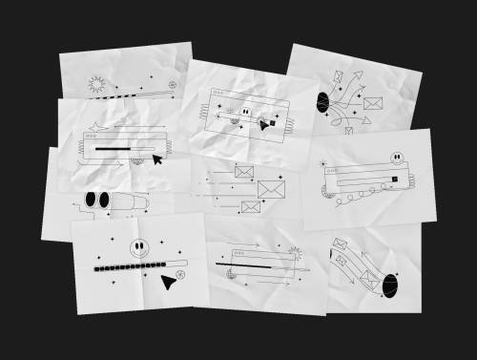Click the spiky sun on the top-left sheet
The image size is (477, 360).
(x=94, y=85)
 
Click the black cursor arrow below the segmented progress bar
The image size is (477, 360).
(x=169, y=281)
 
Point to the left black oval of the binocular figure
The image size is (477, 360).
(x=92, y=200)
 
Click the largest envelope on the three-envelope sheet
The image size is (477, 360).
(x=271, y=189)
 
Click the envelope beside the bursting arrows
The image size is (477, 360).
(x=372, y=103)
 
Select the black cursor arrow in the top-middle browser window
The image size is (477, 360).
(x=262, y=124)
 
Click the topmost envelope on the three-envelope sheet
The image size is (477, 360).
(x=243, y=172)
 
